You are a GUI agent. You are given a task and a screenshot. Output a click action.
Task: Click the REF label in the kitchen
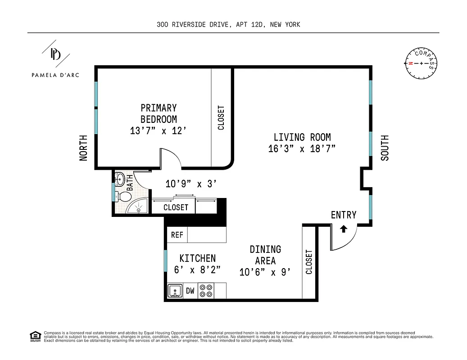click(177, 235)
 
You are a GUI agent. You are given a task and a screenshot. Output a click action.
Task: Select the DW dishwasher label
click(190, 291)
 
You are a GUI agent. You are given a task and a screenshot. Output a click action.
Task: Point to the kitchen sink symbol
click(175, 291)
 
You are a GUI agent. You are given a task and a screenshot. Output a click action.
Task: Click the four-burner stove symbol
click(206, 290)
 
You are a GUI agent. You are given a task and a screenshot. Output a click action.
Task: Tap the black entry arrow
click(344, 229)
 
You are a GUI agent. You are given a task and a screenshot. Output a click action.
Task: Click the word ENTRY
click(344, 215)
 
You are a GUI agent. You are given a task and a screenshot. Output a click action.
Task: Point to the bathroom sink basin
click(119, 180)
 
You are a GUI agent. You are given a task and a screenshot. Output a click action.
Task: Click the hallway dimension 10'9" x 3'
click(191, 184)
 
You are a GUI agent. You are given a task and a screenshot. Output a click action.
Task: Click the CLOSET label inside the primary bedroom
click(221, 118)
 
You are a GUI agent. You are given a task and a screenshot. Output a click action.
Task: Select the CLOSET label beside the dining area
click(309, 262)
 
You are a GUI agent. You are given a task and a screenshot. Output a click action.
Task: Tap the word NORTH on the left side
click(84, 148)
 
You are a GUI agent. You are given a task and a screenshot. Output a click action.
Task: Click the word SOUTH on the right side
click(385, 148)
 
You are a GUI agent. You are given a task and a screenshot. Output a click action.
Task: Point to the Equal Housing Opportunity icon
click(34, 336)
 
